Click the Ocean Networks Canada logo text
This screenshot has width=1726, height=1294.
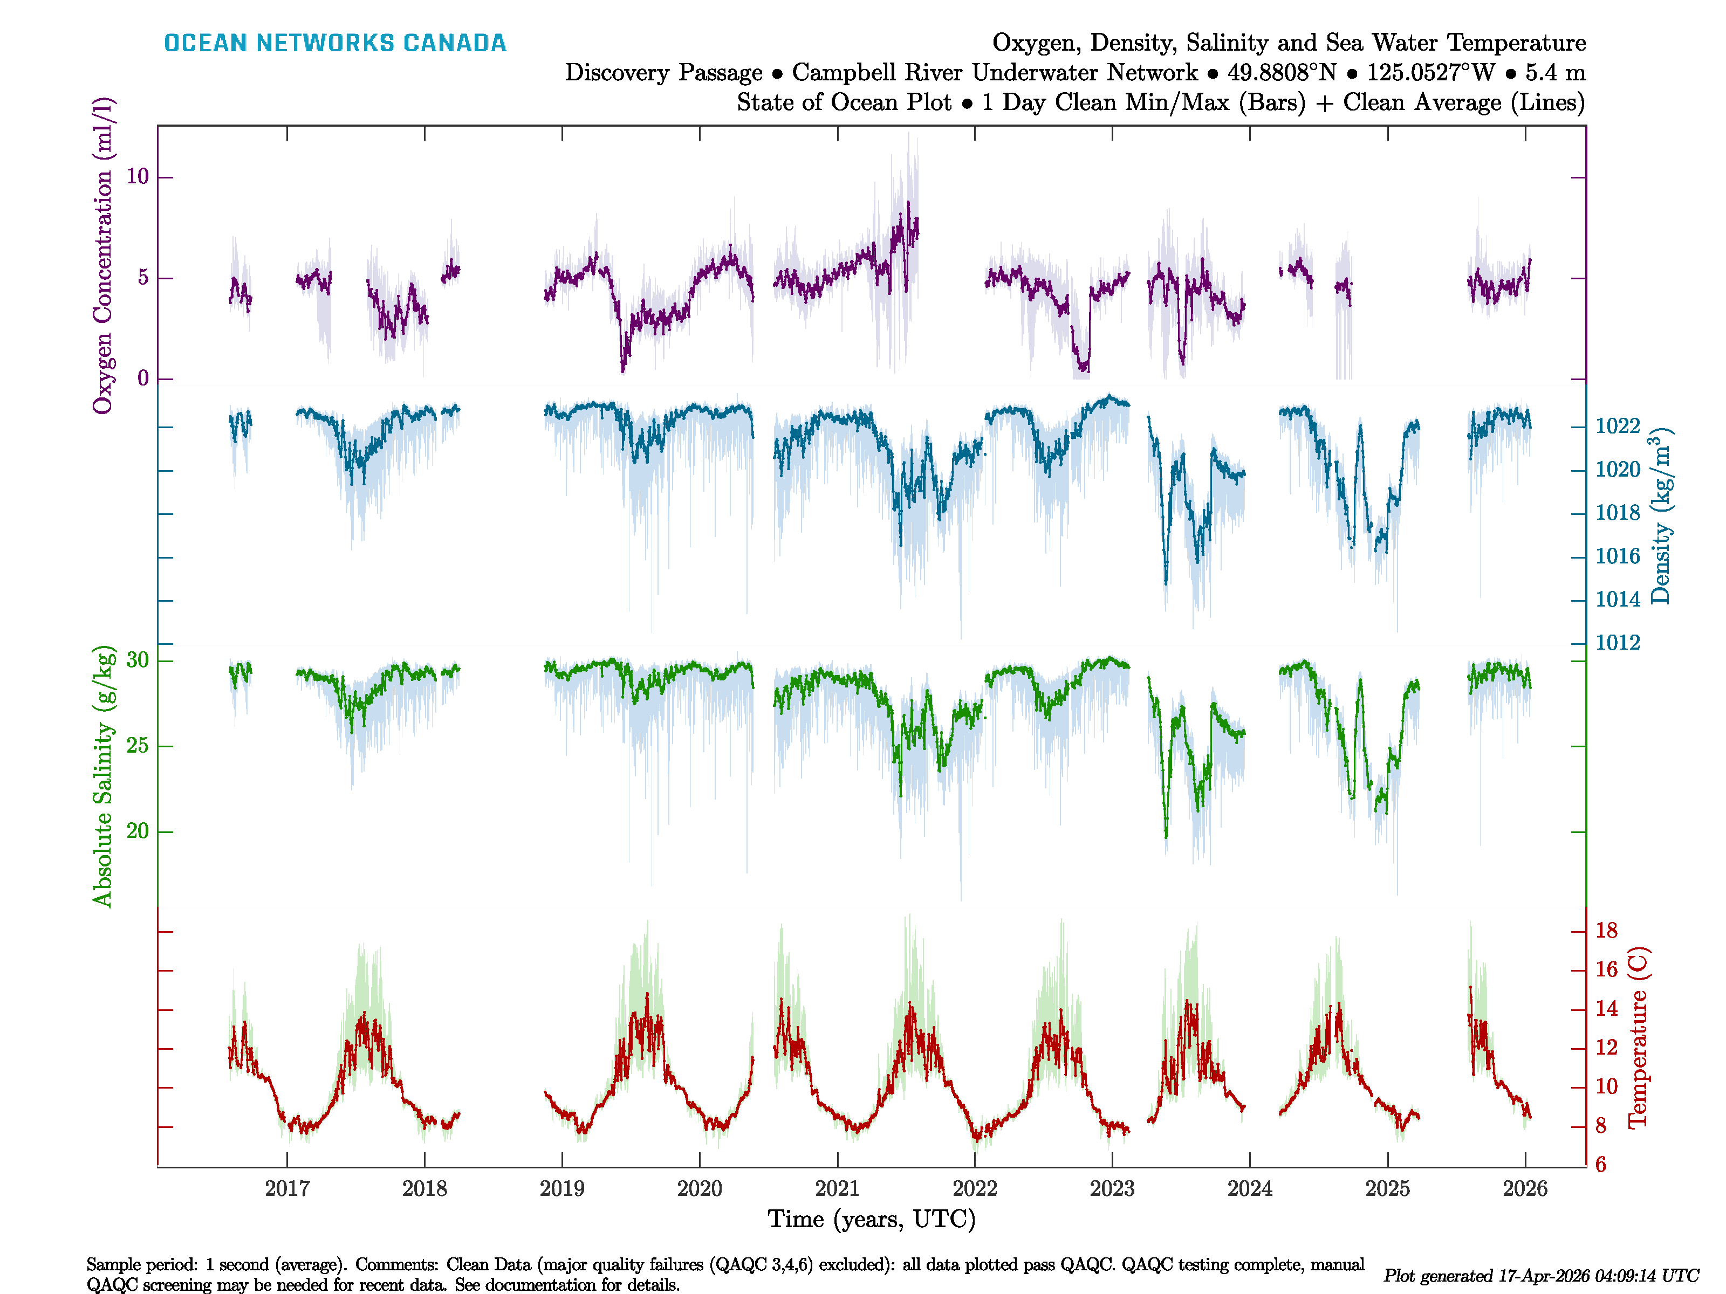coord(335,43)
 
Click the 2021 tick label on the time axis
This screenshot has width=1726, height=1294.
coord(837,1189)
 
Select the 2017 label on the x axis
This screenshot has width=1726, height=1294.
coord(287,1189)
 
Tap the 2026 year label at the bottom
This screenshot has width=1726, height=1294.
coord(1525,1189)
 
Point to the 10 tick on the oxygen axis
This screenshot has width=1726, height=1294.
coord(138,177)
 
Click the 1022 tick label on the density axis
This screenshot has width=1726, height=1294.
coord(1618,426)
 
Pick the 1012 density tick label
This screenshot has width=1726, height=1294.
coord(1618,643)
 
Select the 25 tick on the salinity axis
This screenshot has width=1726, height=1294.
coord(138,746)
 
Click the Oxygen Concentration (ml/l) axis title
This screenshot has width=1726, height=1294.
coord(104,256)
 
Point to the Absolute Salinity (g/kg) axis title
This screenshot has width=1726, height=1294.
coord(104,776)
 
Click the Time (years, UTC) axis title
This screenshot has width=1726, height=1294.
coord(872,1219)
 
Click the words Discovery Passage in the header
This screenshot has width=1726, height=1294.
coord(663,73)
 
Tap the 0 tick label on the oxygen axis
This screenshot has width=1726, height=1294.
coord(143,379)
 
